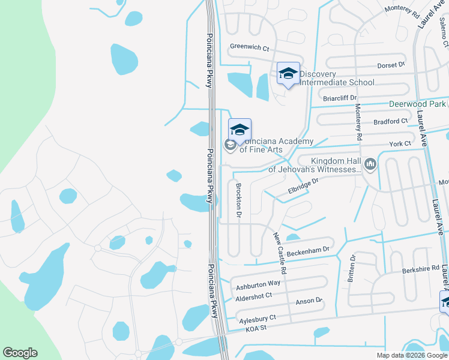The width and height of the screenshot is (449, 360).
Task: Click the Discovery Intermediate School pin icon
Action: point(288,74)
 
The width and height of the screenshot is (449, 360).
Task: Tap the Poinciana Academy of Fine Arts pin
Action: point(240,130)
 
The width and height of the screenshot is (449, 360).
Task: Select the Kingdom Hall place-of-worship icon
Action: point(370,163)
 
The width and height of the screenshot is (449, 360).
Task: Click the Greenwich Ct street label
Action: point(249,47)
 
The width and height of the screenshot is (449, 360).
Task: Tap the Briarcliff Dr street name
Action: point(340,98)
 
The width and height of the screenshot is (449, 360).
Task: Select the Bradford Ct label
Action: point(390,121)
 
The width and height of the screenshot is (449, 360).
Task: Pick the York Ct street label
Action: point(400,143)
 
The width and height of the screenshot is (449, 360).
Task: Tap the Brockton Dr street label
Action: point(239,200)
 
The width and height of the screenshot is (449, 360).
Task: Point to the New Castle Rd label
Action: point(279,254)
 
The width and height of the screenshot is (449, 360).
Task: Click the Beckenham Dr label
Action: point(309,252)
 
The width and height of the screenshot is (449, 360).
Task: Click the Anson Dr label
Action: point(309,300)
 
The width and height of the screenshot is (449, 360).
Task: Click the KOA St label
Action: point(254,327)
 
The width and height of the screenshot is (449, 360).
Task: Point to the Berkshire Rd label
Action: point(421,269)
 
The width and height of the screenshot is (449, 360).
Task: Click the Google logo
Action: point(20,353)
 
